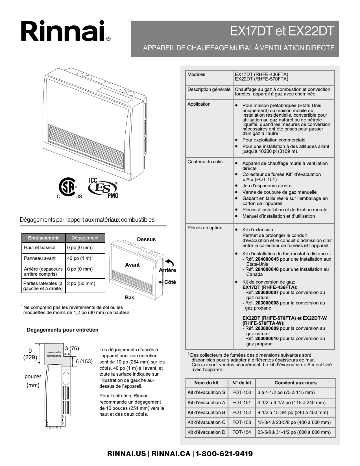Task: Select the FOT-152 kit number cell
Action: (x=241, y=412)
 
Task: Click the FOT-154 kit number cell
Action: (x=241, y=432)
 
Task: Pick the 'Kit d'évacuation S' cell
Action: (x=206, y=392)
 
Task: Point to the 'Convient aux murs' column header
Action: (x=295, y=383)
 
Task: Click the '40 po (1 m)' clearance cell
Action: (x=80, y=258)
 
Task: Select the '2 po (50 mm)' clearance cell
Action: (x=81, y=283)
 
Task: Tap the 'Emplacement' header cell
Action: (x=43, y=238)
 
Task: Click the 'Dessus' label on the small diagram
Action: (x=146, y=239)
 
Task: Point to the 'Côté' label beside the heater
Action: (x=170, y=282)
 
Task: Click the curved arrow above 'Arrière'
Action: (x=169, y=263)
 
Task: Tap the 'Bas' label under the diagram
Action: (x=130, y=298)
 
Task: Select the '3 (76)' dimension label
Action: (x=72, y=349)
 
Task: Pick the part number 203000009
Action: (x=267, y=328)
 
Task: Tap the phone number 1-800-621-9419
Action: (x=224, y=454)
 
